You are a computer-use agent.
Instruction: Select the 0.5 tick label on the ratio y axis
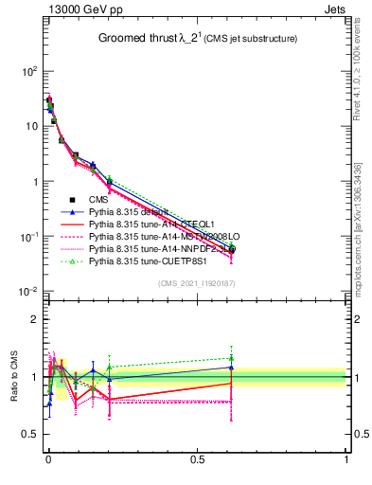click(30, 435)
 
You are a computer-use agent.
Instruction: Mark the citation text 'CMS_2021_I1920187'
click(196, 283)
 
